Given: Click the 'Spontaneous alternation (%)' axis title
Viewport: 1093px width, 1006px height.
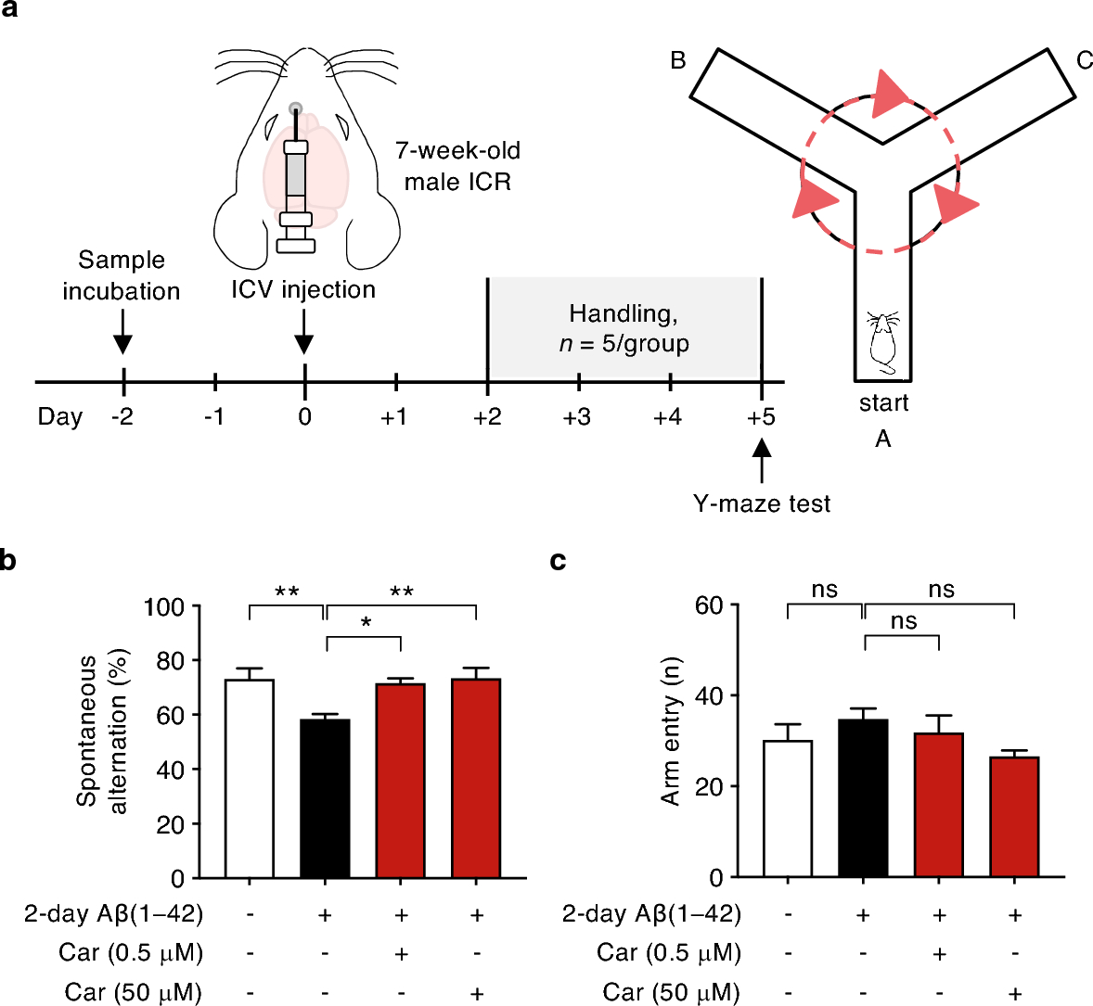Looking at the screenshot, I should click(x=101, y=732).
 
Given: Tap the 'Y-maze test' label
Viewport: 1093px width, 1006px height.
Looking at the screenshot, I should click(x=762, y=503).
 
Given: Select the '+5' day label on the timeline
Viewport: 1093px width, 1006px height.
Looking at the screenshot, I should click(x=761, y=417).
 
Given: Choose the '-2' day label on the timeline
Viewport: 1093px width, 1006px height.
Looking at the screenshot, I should click(x=122, y=417).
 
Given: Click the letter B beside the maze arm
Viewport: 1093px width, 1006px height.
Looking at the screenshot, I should click(x=678, y=61).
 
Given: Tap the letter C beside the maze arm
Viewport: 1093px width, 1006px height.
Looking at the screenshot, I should click(x=1085, y=61).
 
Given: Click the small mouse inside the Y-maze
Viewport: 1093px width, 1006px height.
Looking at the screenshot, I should click(x=882, y=342).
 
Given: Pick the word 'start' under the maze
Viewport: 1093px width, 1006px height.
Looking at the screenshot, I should click(x=883, y=403).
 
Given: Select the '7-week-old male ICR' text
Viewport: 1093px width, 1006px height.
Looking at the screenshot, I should click(x=457, y=165).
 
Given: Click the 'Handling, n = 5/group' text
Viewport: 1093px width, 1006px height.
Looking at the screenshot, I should click(x=624, y=328).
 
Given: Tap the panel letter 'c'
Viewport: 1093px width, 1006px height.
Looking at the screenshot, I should click(x=558, y=561).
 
